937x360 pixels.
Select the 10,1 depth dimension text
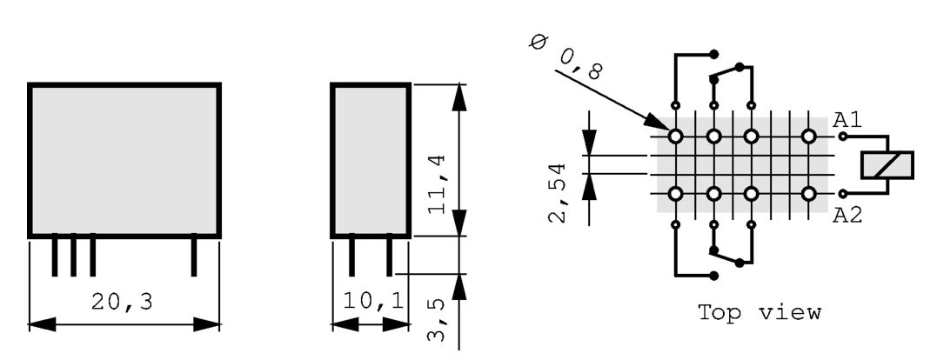[371, 303]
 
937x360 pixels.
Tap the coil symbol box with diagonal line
[887, 164]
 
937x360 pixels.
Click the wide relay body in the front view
[124, 159]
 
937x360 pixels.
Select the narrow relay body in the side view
[371, 159]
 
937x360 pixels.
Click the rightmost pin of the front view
[195, 256]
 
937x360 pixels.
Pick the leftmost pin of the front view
[55, 256]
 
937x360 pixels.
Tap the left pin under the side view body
[351, 256]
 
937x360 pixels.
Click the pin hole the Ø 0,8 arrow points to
[675, 137]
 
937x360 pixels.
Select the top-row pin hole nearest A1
[808, 137]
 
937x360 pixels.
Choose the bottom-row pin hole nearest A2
[808, 193]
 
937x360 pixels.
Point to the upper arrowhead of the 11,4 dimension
[459, 97]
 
